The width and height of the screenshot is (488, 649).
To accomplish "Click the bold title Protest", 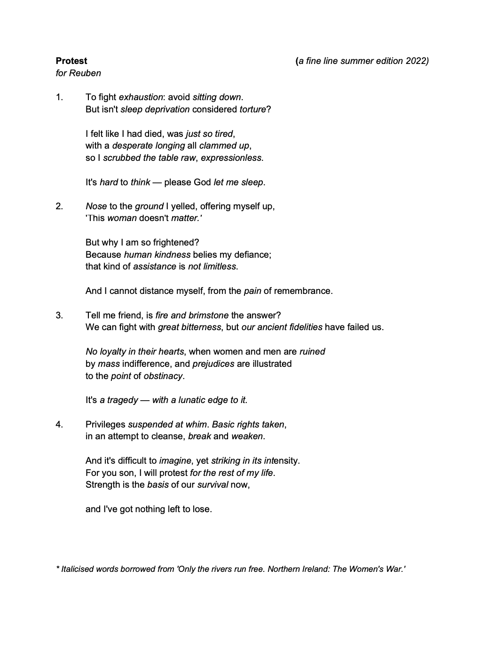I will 71,61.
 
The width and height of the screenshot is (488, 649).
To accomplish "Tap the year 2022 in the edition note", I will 416,61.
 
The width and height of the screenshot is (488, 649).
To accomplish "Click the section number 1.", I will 59,97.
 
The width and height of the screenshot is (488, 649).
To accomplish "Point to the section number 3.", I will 59,315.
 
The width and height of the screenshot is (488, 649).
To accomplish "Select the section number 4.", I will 59,424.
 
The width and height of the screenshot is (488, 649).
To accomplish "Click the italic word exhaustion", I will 141,97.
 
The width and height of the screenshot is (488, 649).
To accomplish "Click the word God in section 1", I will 202,182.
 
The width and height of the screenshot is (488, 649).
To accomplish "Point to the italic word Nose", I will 96,206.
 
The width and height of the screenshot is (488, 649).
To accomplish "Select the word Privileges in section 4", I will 105,424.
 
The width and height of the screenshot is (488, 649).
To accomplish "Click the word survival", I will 213,485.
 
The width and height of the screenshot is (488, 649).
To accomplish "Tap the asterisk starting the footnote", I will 57,569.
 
